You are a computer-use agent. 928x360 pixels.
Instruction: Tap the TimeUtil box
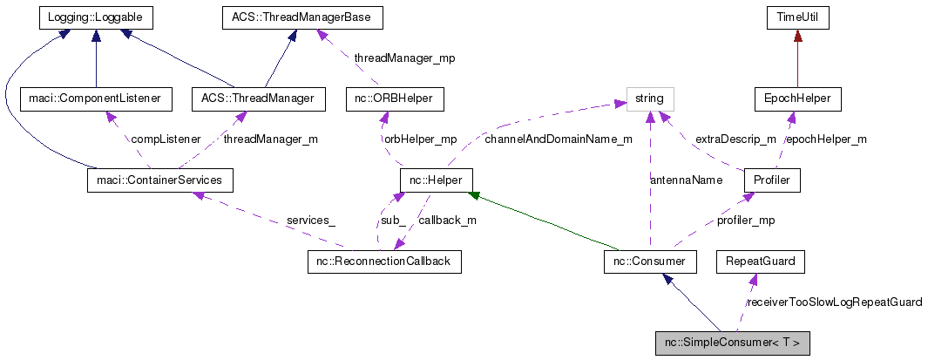[797, 17]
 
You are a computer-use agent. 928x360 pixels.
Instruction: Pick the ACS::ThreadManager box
[258, 98]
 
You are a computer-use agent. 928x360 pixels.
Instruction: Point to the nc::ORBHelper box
[394, 98]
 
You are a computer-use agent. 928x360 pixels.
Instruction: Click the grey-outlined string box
[649, 98]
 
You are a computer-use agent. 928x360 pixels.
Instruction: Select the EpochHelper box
[797, 98]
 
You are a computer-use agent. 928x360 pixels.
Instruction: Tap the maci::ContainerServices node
[160, 180]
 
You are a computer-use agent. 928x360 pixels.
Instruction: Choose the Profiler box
[771, 180]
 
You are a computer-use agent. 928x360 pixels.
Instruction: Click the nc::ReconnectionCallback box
[384, 261]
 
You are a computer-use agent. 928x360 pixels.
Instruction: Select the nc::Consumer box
[649, 261]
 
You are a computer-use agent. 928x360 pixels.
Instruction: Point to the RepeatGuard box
[755, 261]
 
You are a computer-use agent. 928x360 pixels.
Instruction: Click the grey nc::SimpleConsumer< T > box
[732, 343]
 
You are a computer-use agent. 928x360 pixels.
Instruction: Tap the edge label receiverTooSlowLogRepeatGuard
[834, 302]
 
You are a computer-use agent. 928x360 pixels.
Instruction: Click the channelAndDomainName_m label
[559, 139]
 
